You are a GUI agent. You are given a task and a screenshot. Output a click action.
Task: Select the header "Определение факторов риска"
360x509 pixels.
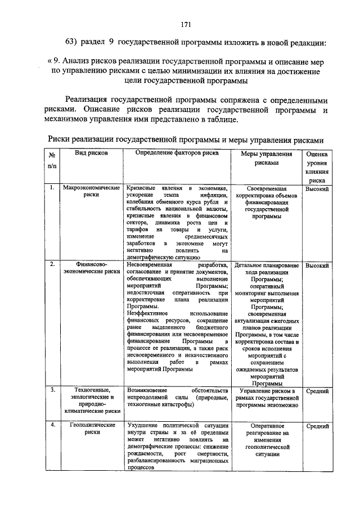[177, 153]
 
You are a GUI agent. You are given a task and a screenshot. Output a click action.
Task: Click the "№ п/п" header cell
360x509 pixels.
[52, 160]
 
